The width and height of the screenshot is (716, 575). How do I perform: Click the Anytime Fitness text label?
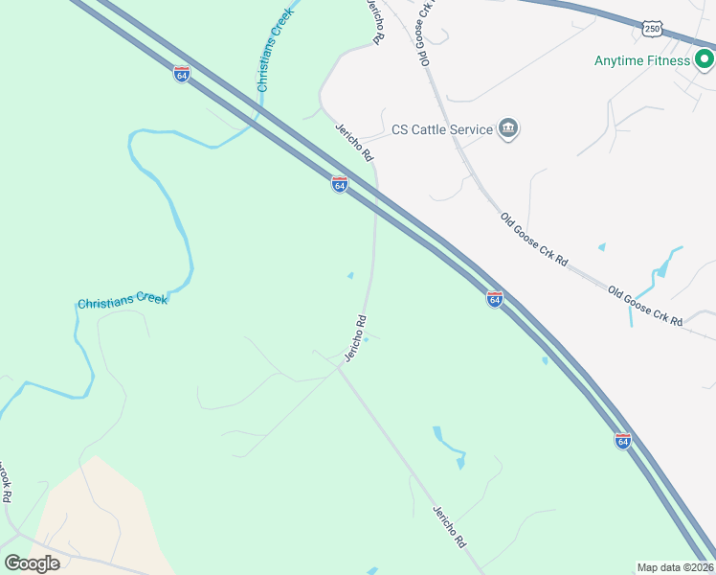641,60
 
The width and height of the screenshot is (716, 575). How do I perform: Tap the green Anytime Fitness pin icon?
705,60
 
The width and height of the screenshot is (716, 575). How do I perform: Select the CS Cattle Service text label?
441,129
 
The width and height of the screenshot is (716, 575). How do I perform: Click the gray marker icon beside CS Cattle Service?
508,129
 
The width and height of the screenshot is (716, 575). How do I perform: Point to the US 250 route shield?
652,30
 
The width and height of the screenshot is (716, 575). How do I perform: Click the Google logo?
32,563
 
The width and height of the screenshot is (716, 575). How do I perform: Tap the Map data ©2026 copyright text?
676,567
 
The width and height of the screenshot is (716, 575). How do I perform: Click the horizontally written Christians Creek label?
123,301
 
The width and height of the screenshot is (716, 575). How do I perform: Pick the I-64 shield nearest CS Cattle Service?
339,183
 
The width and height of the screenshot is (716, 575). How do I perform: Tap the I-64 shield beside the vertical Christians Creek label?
182,74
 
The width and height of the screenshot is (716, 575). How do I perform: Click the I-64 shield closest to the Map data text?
622,440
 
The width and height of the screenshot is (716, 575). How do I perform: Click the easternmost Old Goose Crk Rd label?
645,306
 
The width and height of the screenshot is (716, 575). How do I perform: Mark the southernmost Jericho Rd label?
448,526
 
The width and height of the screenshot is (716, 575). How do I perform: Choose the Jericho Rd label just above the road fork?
355,337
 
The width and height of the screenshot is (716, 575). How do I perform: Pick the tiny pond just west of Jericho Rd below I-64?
349,276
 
